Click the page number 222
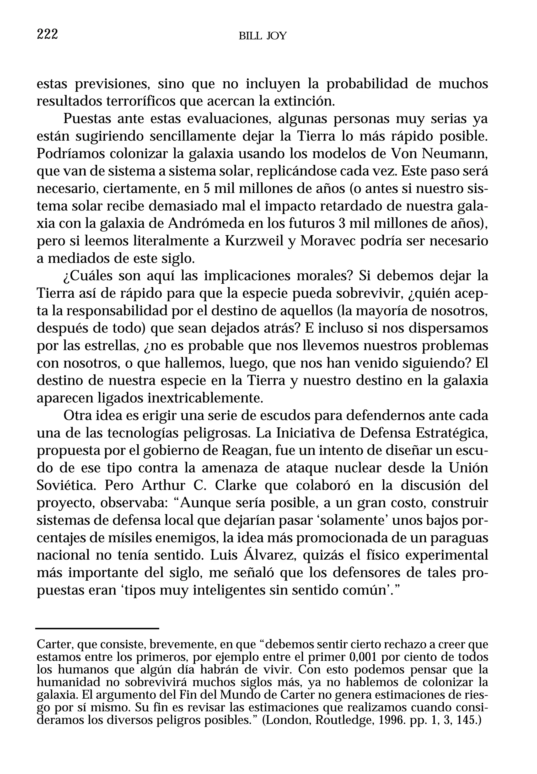47,34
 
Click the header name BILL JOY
262,36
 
